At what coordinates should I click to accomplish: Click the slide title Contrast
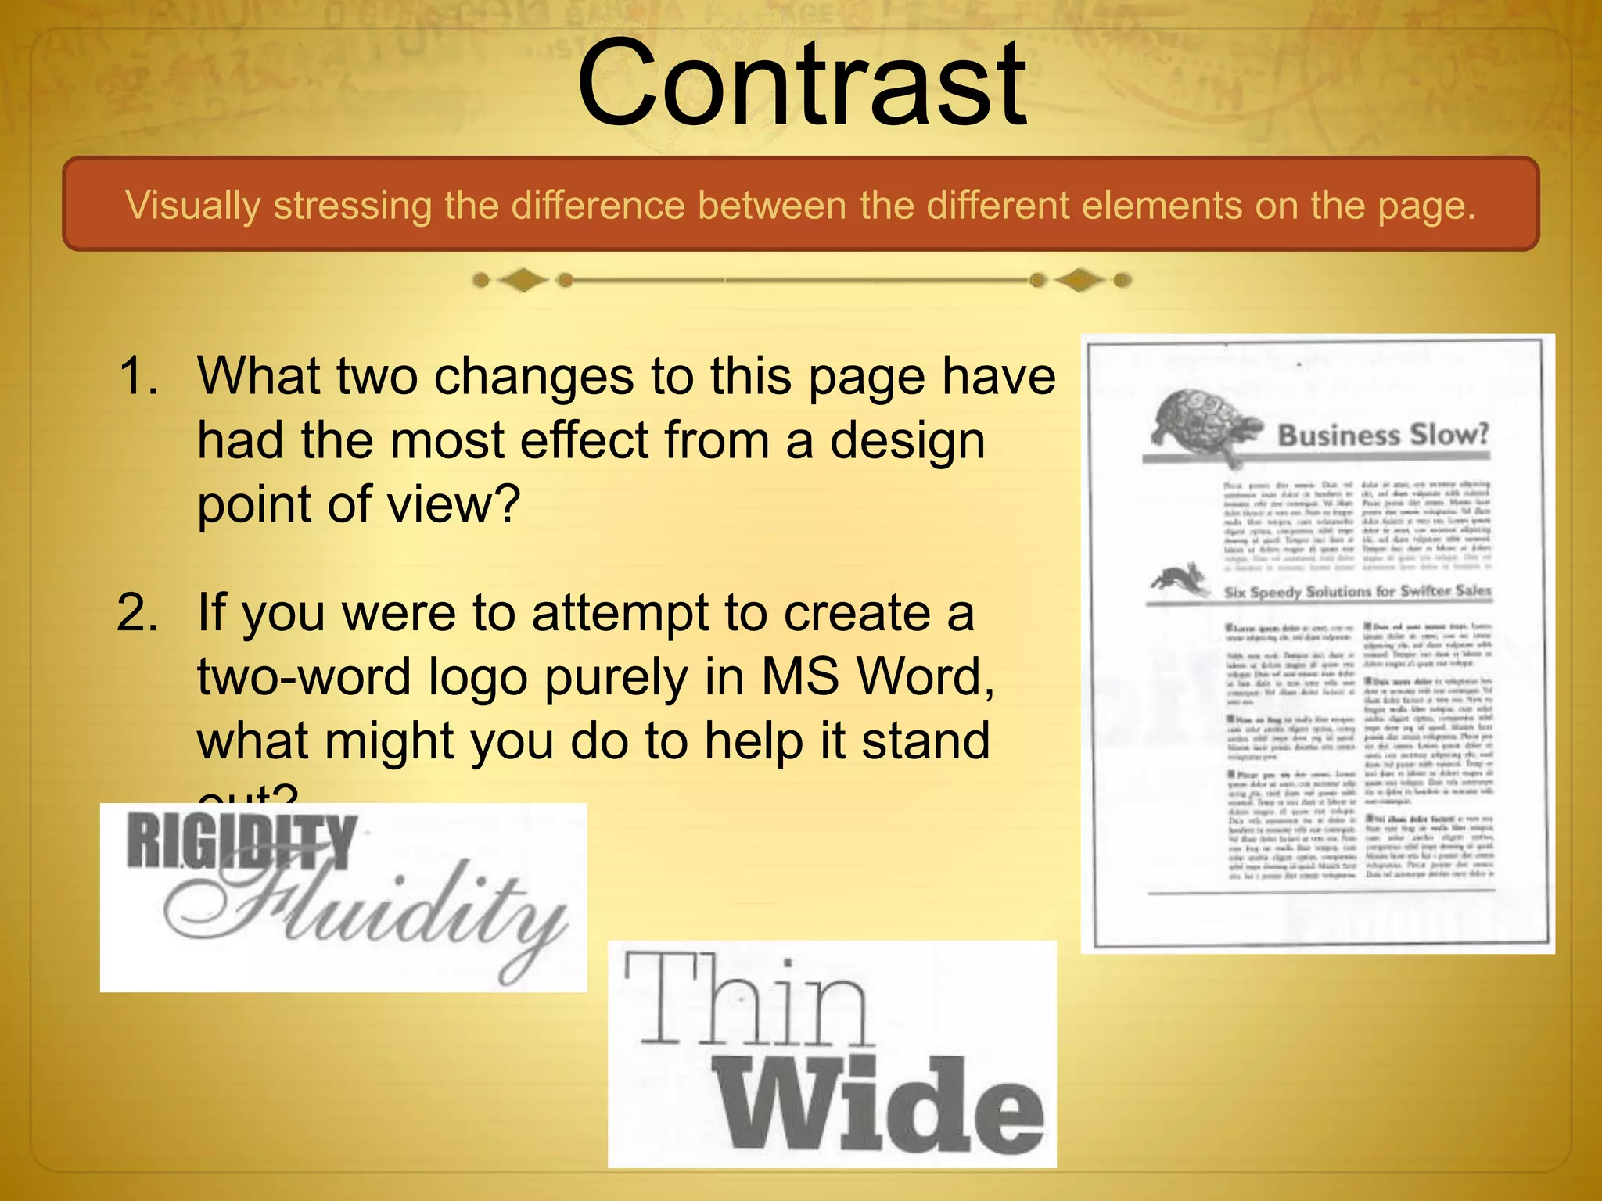coord(801,84)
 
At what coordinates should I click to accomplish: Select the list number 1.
coord(138,376)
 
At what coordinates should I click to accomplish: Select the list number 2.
coord(138,613)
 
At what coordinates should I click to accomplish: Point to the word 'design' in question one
coord(907,442)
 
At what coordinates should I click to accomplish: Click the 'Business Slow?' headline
coord(1382,435)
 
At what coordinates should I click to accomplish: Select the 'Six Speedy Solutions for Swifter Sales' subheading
coord(1357,591)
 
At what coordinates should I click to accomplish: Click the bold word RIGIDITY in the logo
coord(242,841)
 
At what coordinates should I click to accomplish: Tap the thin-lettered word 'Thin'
coord(747,1002)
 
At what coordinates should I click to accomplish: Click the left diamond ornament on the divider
coord(523,280)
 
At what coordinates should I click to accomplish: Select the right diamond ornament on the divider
coord(1079,280)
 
